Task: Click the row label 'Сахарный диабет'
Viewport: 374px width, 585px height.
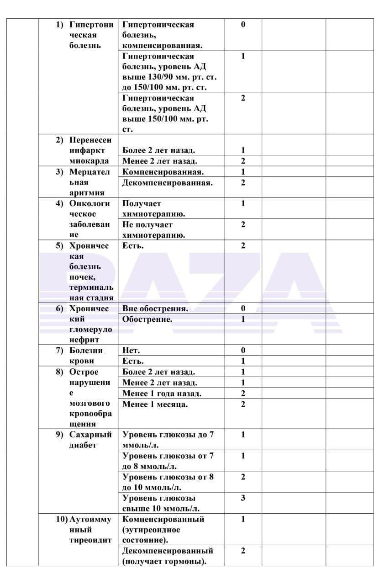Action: coord(90,440)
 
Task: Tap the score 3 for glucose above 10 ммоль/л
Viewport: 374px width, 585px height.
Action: coord(243,498)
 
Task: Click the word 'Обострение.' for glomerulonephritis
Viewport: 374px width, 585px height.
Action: coord(147,319)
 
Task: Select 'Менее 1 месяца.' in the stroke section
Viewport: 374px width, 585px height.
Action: coord(155,404)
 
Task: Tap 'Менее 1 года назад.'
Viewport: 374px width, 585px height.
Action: coord(162,394)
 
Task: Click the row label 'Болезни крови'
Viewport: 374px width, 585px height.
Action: coord(86,356)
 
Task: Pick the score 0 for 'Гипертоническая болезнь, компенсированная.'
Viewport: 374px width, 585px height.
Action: coord(243,25)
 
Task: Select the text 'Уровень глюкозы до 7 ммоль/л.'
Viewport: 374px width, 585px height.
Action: coord(168,440)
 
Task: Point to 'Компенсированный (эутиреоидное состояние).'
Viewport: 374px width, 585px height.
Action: coord(163,530)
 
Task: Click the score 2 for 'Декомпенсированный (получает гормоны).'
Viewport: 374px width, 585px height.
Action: coord(243,551)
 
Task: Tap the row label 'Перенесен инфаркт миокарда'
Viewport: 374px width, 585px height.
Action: coord(90,150)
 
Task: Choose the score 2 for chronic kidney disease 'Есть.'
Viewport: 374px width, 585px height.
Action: coord(243,246)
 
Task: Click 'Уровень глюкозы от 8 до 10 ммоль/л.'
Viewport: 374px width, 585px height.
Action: coord(168,482)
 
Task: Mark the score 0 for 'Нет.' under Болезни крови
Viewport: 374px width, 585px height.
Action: coord(243,351)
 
